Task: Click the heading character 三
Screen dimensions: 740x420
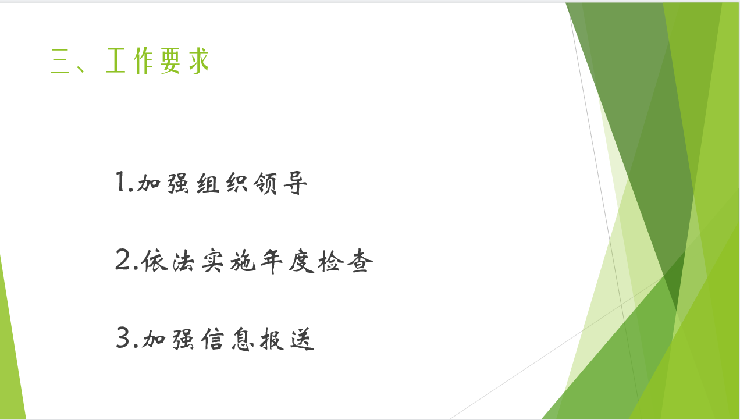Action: (60, 61)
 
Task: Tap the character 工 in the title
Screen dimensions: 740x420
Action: (116, 60)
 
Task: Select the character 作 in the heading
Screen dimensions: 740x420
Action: (143, 61)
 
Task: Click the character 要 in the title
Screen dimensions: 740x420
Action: (170, 61)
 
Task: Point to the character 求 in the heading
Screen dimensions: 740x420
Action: (199, 61)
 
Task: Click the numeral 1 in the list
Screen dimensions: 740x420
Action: (120, 181)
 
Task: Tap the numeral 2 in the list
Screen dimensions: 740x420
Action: (123, 259)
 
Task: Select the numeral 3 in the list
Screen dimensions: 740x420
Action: (123, 337)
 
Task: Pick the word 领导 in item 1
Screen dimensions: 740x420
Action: (280, 183)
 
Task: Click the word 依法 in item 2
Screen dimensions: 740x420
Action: (168, 261)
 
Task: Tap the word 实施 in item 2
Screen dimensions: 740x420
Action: (229, 261)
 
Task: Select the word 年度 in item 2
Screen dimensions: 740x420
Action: (287, 261)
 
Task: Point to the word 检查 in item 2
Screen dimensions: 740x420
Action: (345, 261)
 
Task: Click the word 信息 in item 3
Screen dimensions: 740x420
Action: (227, 339)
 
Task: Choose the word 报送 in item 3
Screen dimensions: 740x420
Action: (287, 339)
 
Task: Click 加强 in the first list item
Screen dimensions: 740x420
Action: (163, 183)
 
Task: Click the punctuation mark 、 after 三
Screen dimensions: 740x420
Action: (81, 67)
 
